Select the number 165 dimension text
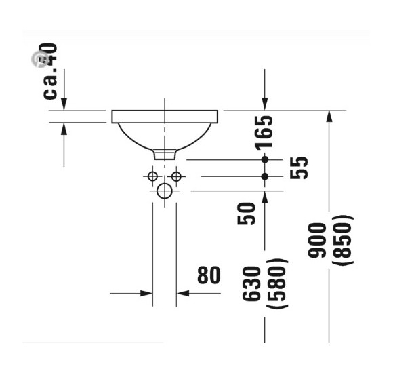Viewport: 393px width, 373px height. tap(264, 132)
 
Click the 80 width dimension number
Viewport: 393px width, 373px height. tap(209, 275)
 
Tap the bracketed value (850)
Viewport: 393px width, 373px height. tap(344, 240)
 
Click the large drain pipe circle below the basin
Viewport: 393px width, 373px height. tap(165, 191)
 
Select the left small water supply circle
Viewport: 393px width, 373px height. tap(153, 176)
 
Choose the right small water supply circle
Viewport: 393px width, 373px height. tap(176, 176)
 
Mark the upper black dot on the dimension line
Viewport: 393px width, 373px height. tap(265, 159)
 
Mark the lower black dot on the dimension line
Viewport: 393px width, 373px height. tap(265, 176)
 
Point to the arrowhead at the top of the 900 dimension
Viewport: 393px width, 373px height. tap(329, 116)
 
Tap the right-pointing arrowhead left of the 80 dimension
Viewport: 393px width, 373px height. tap(146, 293)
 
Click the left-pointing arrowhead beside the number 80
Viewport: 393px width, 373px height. tap(182, 293)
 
